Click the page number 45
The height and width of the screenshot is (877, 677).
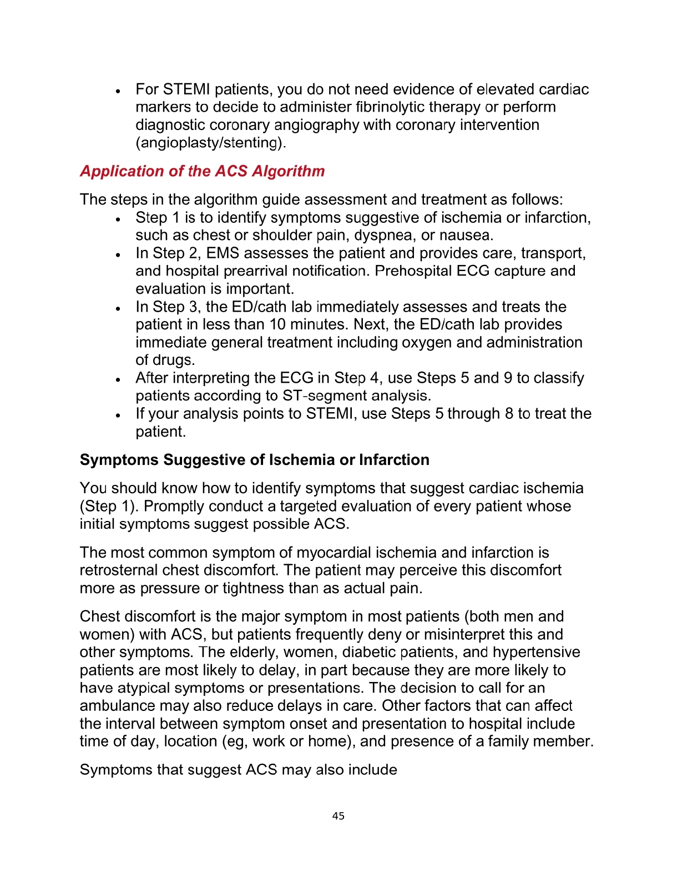(338, 816)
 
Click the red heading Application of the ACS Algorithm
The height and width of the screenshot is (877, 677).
(202, 171)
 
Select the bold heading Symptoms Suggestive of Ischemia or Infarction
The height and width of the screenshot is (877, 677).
(254, 460)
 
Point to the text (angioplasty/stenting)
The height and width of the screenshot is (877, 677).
(211, 143)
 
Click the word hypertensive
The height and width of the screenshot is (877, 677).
(536, 652)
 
